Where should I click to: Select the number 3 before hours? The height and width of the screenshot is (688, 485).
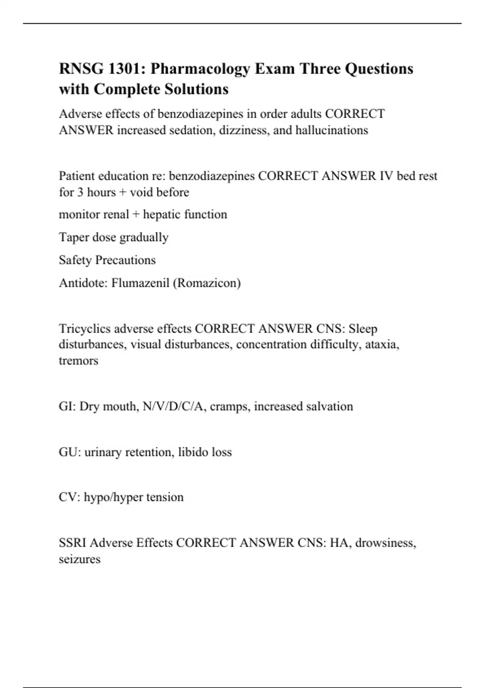pos(80,192)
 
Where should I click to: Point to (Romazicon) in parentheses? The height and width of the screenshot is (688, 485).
pos(207,283)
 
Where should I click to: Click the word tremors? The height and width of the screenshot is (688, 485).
pos(78,361)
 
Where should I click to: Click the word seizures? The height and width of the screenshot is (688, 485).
pos(80,559)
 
